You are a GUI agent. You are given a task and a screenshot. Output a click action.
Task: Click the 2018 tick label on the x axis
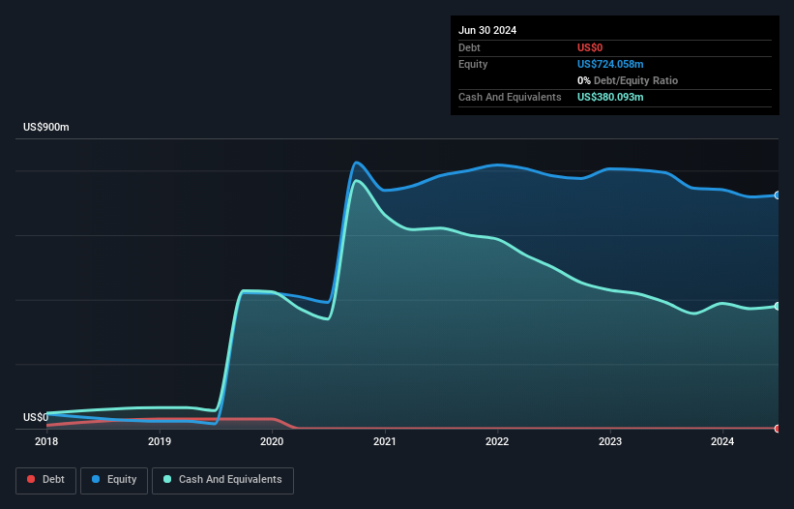click(46, 441)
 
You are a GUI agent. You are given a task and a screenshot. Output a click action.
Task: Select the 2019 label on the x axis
click(160, 441)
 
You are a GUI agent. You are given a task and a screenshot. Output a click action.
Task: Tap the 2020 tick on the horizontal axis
click(272, 441)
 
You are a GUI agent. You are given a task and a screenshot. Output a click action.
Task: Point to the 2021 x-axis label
click(385, 441)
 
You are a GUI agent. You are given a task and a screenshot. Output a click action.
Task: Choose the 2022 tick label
click(497, 441)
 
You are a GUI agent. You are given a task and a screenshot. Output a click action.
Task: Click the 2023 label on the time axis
click(610, 441)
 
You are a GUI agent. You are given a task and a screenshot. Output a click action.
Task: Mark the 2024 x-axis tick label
click(722, 441)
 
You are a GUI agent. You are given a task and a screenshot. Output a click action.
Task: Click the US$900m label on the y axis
click(46, 128)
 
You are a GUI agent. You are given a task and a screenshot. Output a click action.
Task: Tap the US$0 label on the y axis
click(35, 418)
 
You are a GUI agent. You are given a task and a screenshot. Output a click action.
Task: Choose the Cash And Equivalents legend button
click(222, 479)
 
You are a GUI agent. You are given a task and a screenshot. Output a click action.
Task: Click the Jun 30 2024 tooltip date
click(487, 30)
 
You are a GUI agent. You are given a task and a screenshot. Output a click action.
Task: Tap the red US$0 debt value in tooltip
click(590, 47)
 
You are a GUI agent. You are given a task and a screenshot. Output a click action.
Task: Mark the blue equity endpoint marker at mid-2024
click(778, 195)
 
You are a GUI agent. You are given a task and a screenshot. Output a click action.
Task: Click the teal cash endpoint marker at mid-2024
click(778, 306)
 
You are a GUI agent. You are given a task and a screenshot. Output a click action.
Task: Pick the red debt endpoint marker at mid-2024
click(778, 428)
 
